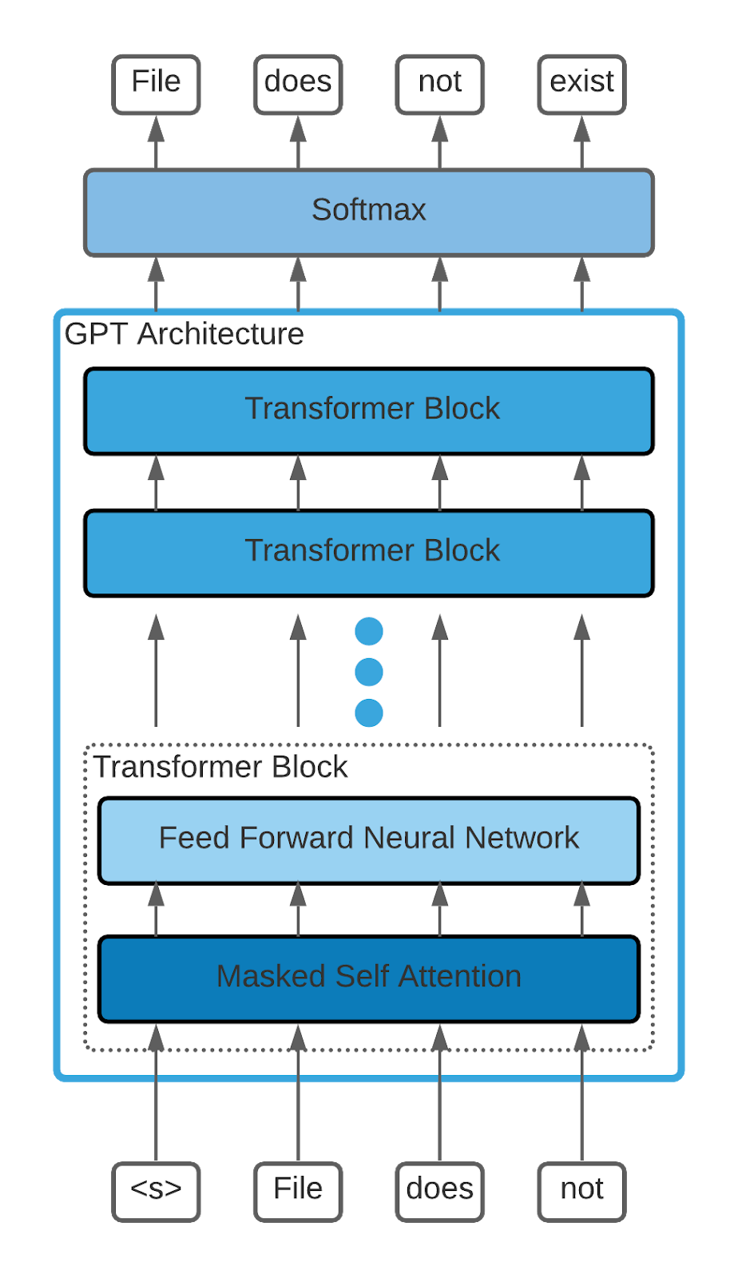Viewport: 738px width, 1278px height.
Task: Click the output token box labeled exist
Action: click(581, 84)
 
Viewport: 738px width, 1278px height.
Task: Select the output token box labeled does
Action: click(298, 84)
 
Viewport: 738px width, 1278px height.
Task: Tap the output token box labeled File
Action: click(156, 84)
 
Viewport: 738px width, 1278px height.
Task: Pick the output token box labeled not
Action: click(440, 84)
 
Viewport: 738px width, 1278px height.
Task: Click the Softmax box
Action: click(368, 212)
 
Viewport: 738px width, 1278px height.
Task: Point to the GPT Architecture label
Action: click(184, 334)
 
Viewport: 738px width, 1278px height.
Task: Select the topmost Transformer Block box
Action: click(368, 411)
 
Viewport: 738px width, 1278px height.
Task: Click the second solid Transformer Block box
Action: click(368, 553)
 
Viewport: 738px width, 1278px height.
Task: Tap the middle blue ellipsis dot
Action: click(369, 672)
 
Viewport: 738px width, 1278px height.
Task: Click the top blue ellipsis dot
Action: click(369, 631)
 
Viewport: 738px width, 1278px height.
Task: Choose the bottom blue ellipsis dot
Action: click(369, 712)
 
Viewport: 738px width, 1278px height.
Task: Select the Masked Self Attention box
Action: click(368, 978)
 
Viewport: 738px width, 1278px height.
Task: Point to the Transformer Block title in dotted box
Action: click(220, 767)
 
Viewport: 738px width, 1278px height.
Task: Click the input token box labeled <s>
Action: click(156, 1191)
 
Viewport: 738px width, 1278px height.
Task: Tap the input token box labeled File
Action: click(298, 1191)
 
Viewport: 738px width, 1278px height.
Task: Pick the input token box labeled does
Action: click(440, 1191)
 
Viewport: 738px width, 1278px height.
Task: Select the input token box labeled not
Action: click(581, 1191)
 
